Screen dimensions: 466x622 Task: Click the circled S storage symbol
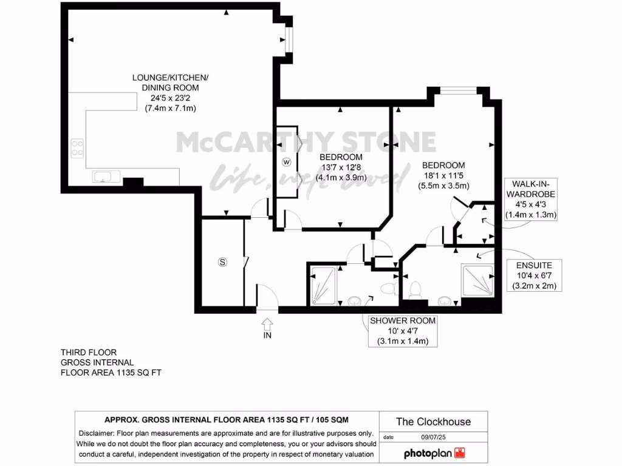[x=222, y=262]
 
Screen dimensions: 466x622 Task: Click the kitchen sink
[x=103, y=177]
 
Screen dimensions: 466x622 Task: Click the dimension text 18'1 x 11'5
[x=443, y=176]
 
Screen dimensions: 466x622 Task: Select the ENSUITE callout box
[x=534, y=275]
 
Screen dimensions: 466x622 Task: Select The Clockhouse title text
[x=433, y=421]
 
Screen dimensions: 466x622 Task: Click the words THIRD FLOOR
[x=89, y=352]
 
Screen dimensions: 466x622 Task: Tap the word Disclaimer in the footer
[x=100, y=433]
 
